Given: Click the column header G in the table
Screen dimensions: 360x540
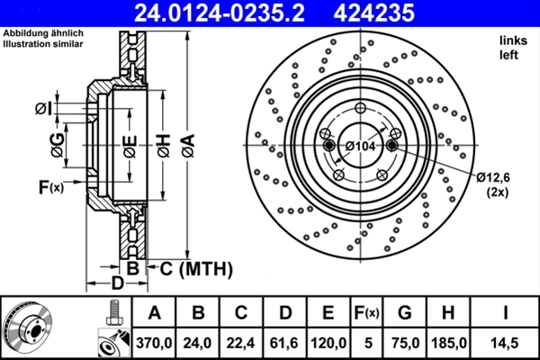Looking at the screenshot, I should (x=405, y=312).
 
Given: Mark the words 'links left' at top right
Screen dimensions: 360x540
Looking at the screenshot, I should (x=510, y=48).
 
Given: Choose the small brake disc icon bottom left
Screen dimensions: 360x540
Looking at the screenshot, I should (x=30, y=327).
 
